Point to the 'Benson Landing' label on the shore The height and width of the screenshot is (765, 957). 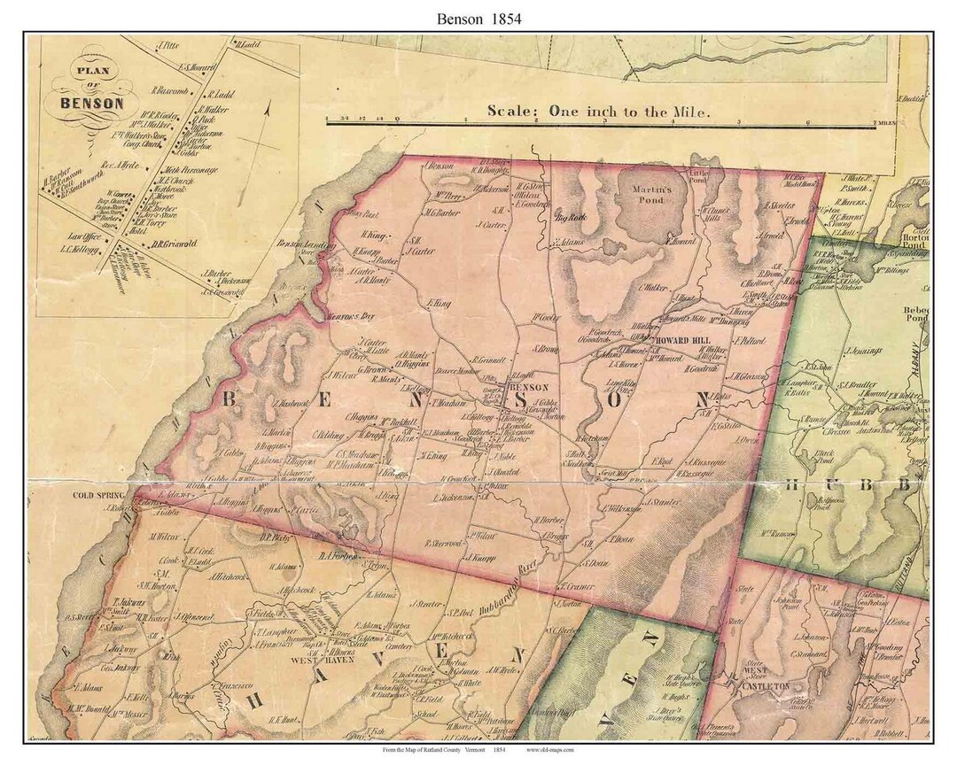coord(292,243)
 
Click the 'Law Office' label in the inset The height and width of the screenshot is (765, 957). coord(85,237)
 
